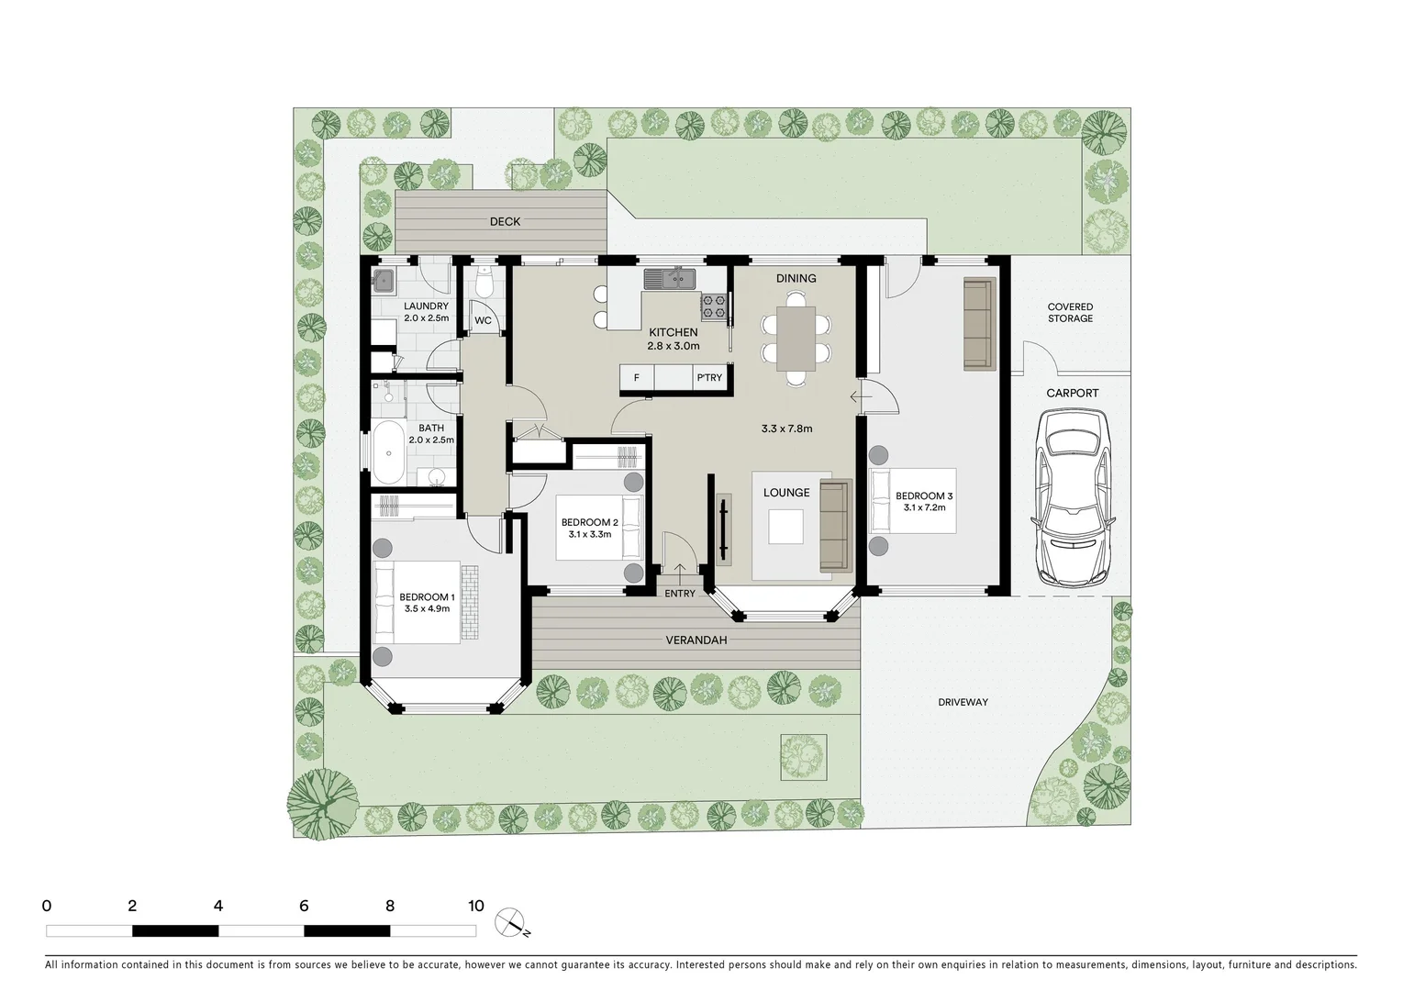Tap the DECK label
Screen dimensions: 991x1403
tap(505, 222)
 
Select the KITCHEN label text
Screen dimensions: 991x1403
tap(674, 332)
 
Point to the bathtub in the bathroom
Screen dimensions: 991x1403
tap(389, 452)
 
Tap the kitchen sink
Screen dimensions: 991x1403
tap(670, 278)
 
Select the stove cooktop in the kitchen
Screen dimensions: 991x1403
tap(714, 306)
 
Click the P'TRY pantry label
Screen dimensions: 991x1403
tap(709, 378)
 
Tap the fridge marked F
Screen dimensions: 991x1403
tap(636, 378)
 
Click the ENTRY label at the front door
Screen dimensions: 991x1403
tap(680, 594)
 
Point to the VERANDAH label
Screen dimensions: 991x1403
tap(696, 640)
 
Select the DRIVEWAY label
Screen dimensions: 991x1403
tap(963, 702)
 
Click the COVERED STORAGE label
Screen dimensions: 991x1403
tap(1070, 313)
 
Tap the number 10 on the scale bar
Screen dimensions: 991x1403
tap(475, 907)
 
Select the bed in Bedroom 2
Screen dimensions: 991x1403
tap(600, 527)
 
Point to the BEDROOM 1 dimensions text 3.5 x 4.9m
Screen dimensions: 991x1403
tap(427, 608)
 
